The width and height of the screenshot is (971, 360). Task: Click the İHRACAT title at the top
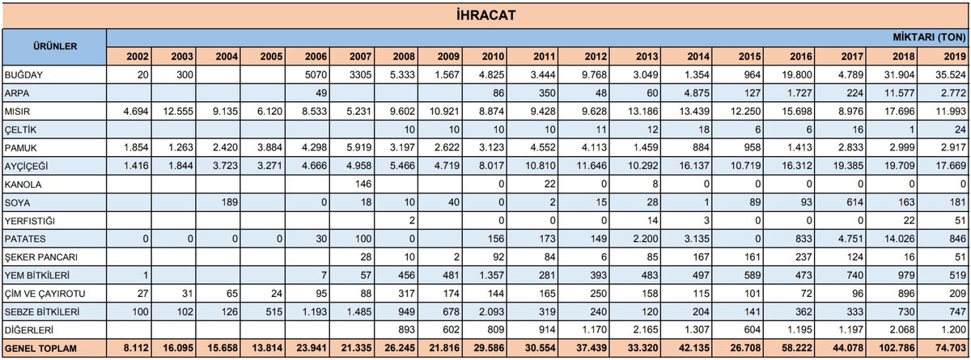[x=485, y=15]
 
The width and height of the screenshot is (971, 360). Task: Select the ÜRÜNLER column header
[x=54, y=46]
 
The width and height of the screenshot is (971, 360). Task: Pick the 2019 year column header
[x=953, y=56]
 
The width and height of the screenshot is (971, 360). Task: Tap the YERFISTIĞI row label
[x=29, y=221]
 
